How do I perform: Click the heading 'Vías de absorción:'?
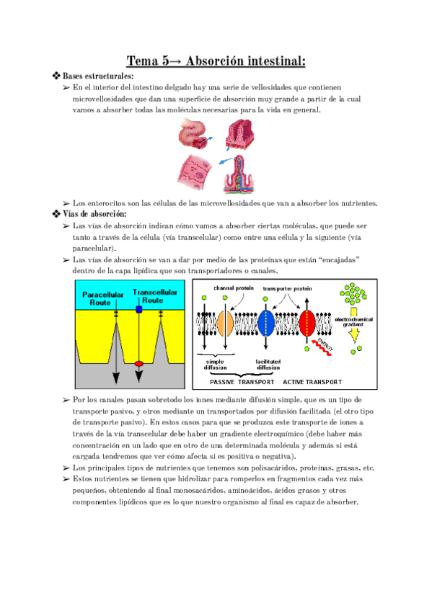94,214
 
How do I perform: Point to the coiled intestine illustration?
192,135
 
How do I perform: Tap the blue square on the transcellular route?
139,308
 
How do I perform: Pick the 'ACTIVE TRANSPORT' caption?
312,381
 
